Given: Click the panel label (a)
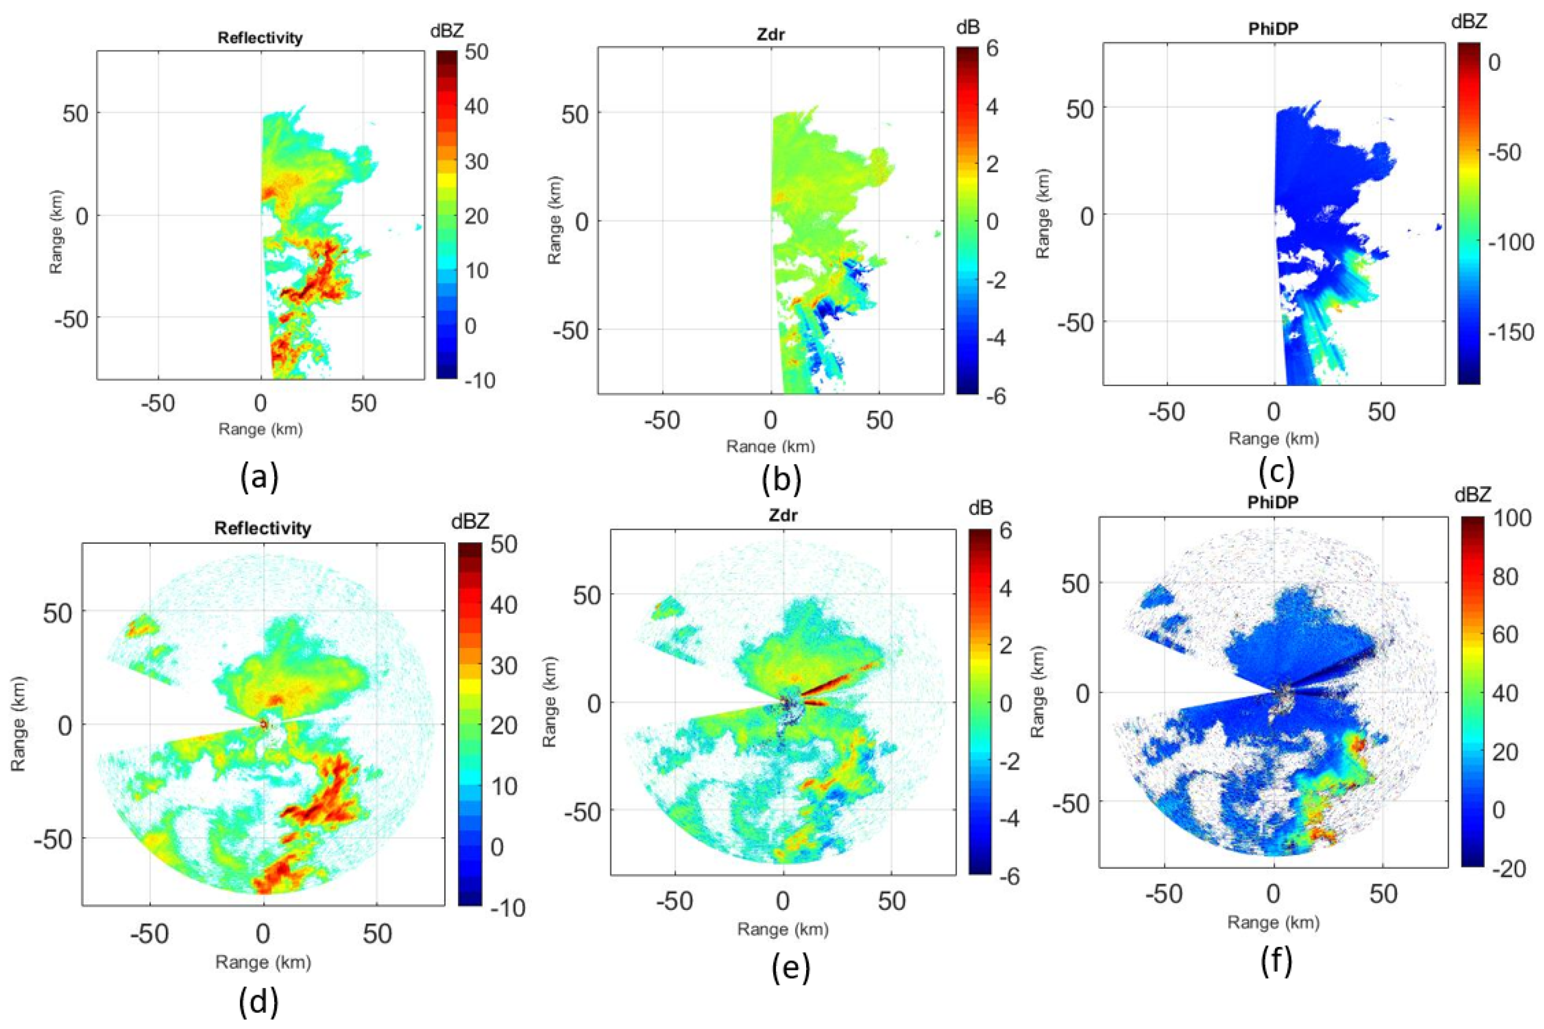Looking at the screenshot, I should click(x=259, y=477).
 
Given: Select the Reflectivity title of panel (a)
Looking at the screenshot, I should click(x=260, y=37).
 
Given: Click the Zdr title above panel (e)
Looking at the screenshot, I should click(x=784, y=515).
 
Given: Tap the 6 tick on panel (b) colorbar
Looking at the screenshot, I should click(x=992, y=50).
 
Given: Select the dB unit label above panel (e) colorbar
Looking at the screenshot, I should click(x=980, y=507).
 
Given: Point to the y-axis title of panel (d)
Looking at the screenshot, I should click(x=18, y=725).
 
